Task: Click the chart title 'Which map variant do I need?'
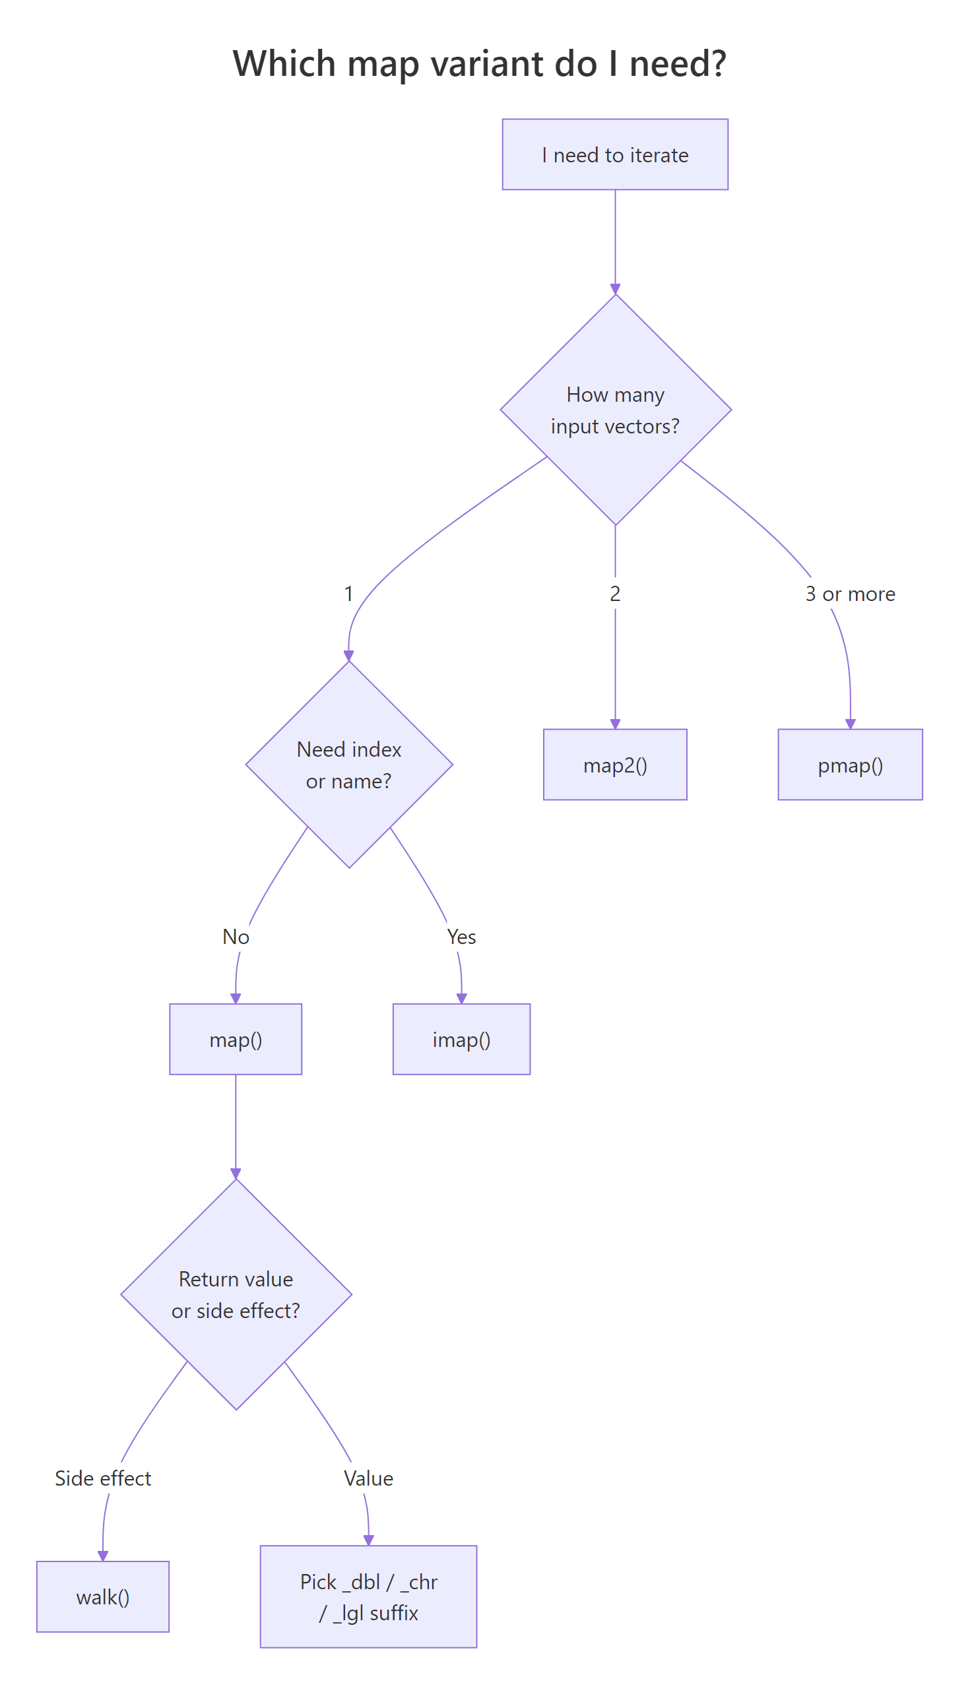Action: point(479,63)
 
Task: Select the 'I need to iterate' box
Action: point(615,154)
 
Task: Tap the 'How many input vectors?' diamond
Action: point(615,410)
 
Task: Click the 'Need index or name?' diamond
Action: point(348,765)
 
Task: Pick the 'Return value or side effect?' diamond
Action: point(236,1294)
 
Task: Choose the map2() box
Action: point(615,765)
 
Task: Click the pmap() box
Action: point(850,765)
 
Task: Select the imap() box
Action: point(461,1039)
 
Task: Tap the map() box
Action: point(236,1039)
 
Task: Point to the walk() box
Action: point(102,1596)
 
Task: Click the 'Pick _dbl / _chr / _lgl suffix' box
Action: point(368,1596)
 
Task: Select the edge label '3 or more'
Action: point(850,593)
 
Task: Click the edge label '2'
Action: point(615,593)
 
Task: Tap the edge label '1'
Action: point(348,593)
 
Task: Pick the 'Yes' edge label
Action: point(461,936)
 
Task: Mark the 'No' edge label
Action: point(236,936)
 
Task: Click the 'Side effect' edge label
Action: point(102,1478)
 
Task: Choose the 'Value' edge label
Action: point(368,1478)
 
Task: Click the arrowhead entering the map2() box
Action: point(615,724)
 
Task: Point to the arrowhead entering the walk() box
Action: point(102,1556)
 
